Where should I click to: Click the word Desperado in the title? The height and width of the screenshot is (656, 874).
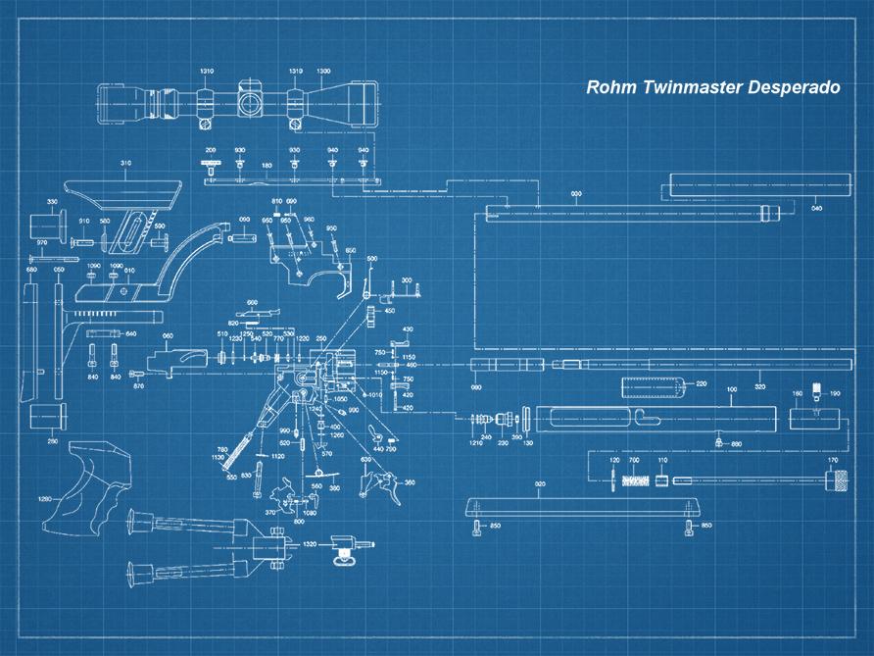click(794, 87)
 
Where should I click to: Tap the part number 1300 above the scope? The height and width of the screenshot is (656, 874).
click(323, 72)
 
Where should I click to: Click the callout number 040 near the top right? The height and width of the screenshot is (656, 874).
click(817, 209)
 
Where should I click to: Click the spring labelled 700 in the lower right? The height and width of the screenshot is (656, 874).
click(634, 480)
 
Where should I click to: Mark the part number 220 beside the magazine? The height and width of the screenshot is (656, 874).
click(701, 383)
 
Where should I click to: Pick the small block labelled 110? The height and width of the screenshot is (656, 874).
click(663, 480)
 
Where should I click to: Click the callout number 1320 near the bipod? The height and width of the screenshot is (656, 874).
click(310, 543)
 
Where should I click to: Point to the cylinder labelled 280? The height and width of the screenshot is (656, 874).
click(47, 416)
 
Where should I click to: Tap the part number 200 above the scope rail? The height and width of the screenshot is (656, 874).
click(210, 150)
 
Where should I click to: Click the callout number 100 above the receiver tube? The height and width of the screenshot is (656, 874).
click(731, 389)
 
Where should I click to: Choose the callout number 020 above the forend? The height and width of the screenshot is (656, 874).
click(540, 484)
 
